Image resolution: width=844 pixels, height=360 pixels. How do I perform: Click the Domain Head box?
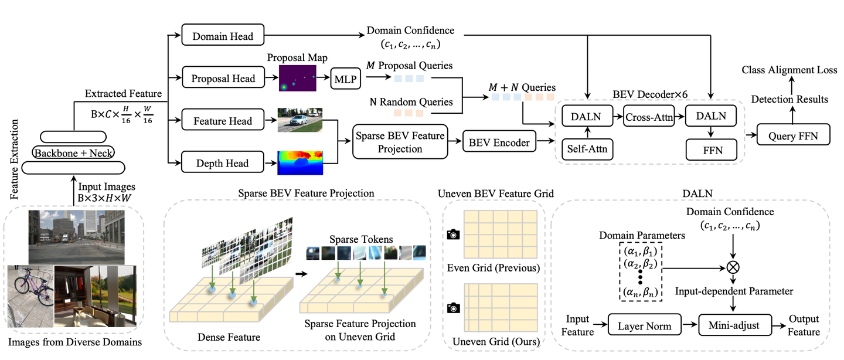click(x=223, y=36)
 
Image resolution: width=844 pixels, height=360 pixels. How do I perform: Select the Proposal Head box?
click(x=223, y=79)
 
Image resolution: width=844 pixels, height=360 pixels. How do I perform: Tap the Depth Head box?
click(x=223, y=164)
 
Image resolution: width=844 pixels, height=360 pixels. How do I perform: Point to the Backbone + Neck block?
click(x=74, y=153)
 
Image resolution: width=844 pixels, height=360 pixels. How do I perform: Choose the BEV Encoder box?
click(x=499, y=141)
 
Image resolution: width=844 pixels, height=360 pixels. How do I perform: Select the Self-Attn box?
click(x=587, y=150)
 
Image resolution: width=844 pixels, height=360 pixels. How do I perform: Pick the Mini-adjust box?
click(x=733, y=324)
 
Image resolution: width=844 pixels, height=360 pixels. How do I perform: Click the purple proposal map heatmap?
click(x=297, y=79)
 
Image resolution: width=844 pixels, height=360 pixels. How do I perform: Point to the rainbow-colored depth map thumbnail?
click(x=300, y=163)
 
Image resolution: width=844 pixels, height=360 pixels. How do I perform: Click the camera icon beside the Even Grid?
click(x=452, y=235)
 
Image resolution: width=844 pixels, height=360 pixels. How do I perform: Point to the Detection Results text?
click(x=789, y=99)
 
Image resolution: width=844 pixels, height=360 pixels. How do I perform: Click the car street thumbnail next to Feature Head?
click(x=300, y=120)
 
